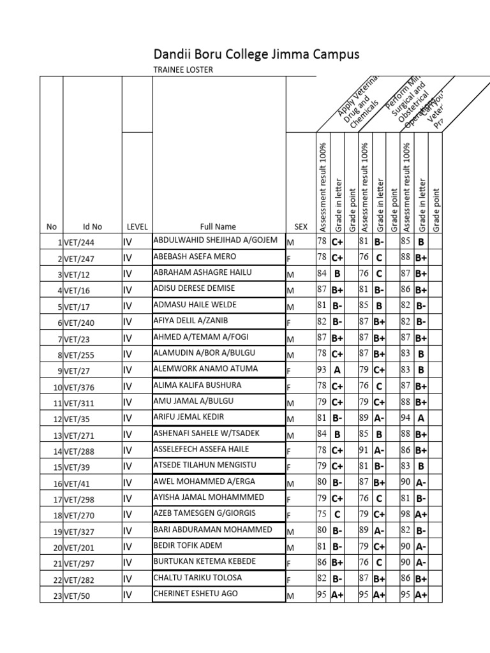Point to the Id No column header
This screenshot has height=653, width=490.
click(x=92, y=226)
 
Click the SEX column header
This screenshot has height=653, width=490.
click(x=301, y=226)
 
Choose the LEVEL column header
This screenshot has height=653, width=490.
click(x=137, y=226)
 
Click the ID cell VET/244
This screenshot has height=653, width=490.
click(x=78, y=242)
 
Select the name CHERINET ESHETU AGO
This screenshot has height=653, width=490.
click(x=195, y=593)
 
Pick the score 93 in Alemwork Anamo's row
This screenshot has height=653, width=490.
click(x=322, y=369)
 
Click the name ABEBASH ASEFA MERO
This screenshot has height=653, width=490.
click(x=186, y=256)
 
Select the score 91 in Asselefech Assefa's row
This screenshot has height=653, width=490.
click(x=364, y=450)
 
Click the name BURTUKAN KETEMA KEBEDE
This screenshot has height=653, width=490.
click(x=204, y=561)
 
